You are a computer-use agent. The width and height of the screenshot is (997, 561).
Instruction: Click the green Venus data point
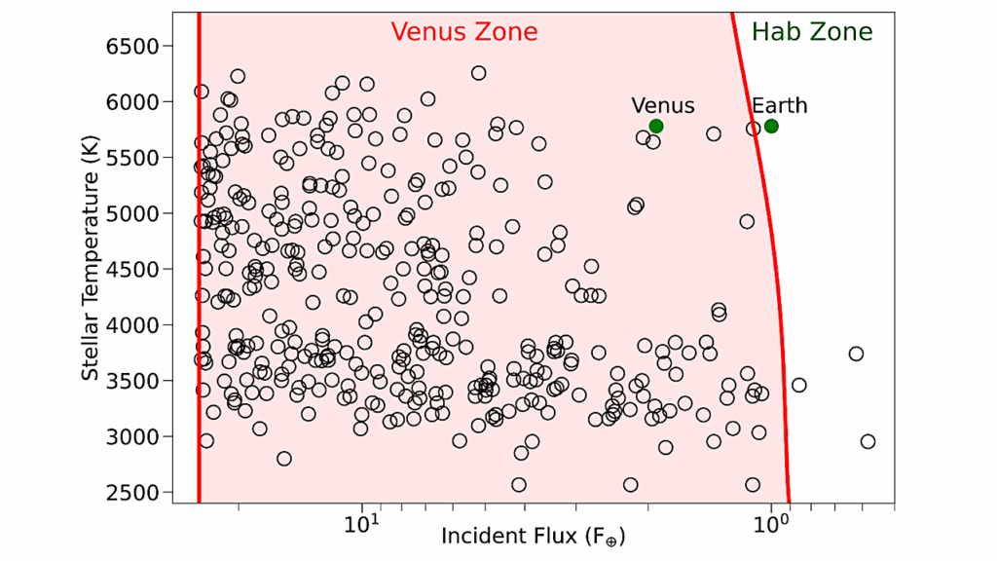click(x=656, y=126)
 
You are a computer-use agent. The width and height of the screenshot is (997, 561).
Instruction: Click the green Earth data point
click(x=771, y=126)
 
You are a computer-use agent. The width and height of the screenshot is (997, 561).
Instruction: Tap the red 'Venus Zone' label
click(x=464, y=32)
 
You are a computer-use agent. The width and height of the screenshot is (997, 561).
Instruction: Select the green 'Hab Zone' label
click(x=812, y=32)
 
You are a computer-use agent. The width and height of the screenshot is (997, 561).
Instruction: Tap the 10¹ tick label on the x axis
click(x=362, y=526)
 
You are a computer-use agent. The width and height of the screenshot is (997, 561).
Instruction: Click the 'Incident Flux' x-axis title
click(x=533, y=537)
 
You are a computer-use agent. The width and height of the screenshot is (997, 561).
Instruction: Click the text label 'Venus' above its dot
click(x=663, y=105)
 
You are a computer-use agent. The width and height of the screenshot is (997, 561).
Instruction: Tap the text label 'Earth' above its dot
click(x=779, y=105)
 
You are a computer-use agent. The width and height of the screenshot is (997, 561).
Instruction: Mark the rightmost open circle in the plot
click(x=868, y=441)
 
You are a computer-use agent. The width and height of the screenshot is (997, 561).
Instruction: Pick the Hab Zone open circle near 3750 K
click(x=856, y=354)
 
